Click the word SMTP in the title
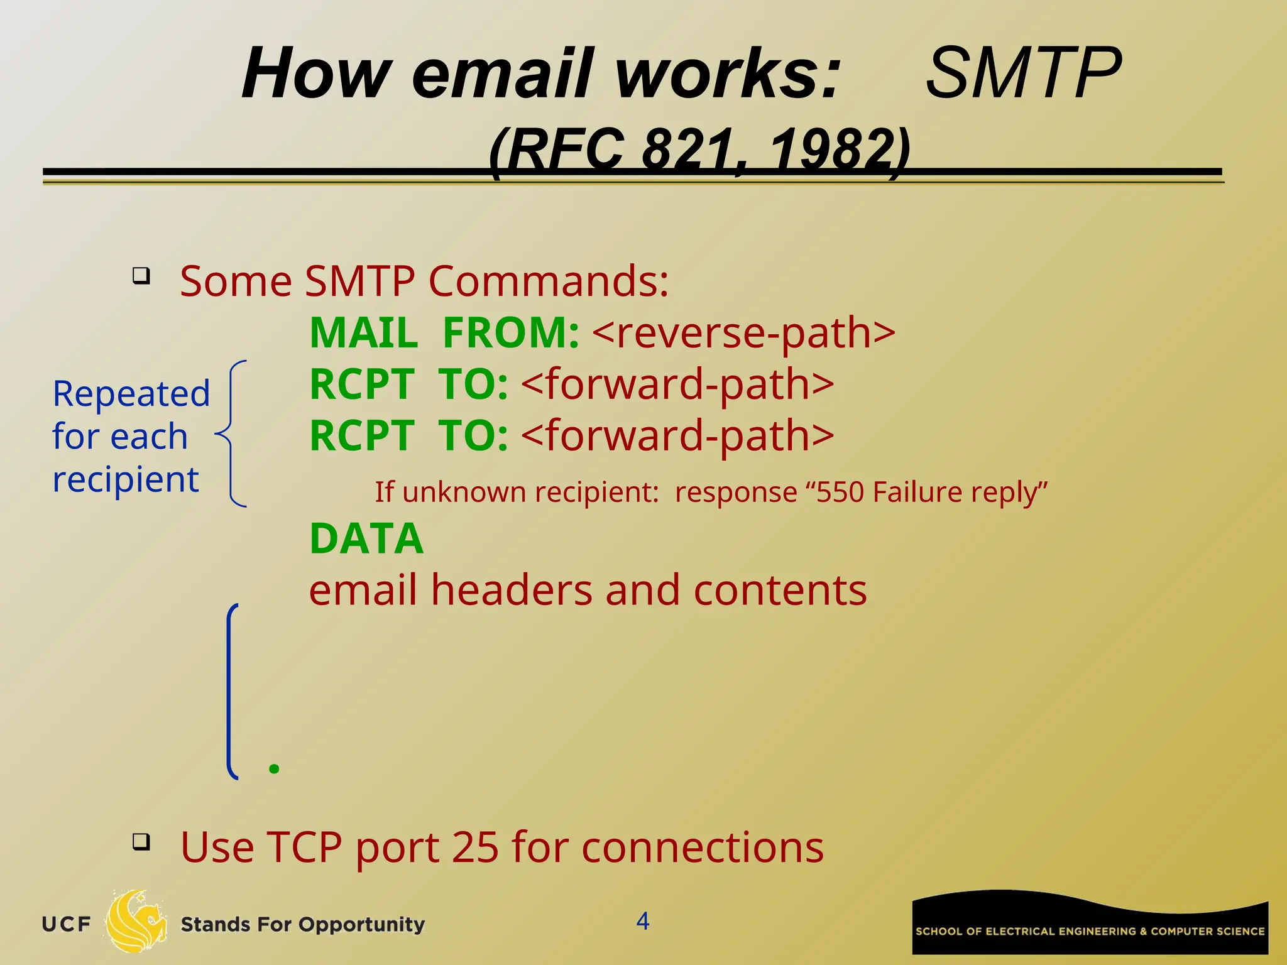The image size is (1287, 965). point(1023,74)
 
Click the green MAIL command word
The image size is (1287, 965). point(364,333)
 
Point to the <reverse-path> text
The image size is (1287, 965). point(743,333)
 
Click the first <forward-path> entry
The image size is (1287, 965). point(677,384)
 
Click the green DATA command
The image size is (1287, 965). point(367,539)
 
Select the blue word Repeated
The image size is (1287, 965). point(131,395)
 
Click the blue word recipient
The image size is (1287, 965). point(125,480)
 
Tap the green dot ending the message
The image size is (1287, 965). point(273,768)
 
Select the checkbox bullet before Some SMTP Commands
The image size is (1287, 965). point(141,276)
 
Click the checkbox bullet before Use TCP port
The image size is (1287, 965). point(141,841)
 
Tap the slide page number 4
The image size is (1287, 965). point(642,921)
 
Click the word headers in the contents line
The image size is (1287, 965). point(512,591)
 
